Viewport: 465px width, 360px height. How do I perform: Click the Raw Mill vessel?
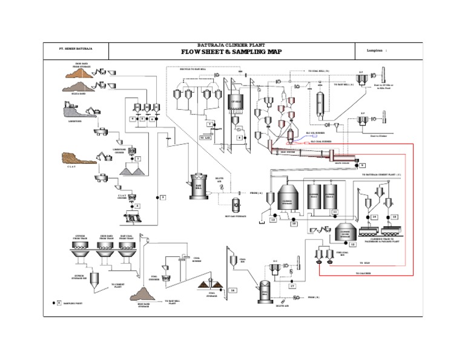(x=198, y=187)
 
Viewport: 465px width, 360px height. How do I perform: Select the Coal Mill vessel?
(x=264, y=292)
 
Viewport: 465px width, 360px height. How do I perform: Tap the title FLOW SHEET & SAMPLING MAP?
(x=232, y=52)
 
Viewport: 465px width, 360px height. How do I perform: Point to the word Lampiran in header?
(x=375, y=50)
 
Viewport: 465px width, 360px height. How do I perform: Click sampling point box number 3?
(x=163, y=197)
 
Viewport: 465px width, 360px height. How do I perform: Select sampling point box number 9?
(x=362, y=165)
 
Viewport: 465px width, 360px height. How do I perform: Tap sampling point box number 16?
(x=232, y=290)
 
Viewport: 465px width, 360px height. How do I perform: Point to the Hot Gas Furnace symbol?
(x=236, y=202)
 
